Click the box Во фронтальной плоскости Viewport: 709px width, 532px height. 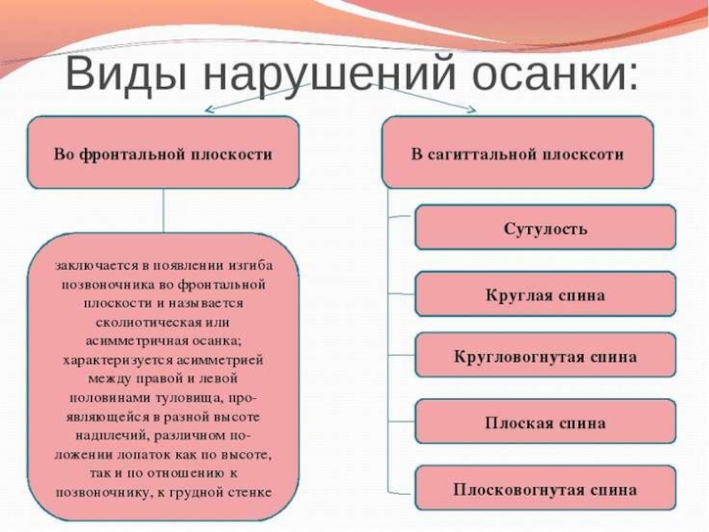(x=163, y=153)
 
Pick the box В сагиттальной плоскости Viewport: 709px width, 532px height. (x=518, y=153)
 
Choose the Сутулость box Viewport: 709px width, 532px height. (x=545, y=228)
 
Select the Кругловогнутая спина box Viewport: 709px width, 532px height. (x=545, y=357)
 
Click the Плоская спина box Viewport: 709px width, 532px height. (x=545, y=422)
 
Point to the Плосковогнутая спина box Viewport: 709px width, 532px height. (x=545, y=488)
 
